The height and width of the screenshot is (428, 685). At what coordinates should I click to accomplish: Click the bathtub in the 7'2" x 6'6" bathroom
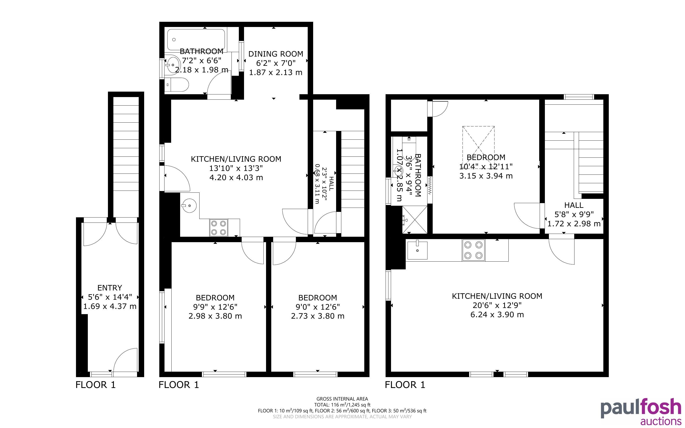pyautogui.click(x=196, y=40)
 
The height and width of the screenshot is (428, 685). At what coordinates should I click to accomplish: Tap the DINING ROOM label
pyautogui.click(x=276, y=54)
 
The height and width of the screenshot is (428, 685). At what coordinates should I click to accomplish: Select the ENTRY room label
pyautogui.click(x=110, y=288)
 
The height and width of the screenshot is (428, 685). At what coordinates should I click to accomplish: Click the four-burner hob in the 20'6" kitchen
pyautogui.click(x=473, y=250)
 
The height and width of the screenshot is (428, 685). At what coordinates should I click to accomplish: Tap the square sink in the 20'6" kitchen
pyautogui.click(x=417, y=250)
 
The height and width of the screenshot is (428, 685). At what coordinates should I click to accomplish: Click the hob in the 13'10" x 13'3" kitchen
pyautogui.click(x=219, y=227)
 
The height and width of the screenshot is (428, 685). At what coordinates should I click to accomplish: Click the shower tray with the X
pyautogui.click(x=414, y=219)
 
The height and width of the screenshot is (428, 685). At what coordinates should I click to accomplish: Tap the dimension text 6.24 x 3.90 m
pyautogui.click(x=497, y=314)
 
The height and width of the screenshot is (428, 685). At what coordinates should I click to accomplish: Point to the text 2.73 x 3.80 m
pyautogui.click(x=317, y=316)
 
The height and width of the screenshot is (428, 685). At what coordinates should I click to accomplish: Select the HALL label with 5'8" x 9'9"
pyautogui.click(x=574, y=205)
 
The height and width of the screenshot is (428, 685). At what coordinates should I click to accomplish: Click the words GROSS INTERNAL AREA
pyautogui.click(x=342, y=399)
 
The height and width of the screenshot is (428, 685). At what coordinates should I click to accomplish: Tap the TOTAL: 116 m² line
pyautogui.click(x=342, y=405)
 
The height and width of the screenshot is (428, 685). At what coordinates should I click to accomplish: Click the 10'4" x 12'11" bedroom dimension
pyautogui.click(x=486, y=166)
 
